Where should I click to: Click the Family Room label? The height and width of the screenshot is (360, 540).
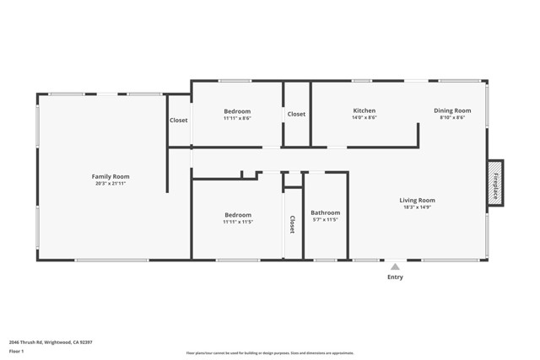(x=111, y=176)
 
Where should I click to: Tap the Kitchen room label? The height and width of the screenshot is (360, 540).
(x=364, y=110)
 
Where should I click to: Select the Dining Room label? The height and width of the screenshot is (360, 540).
(x=452, y=110)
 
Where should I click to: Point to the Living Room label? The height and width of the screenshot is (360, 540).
(x=417, y=200)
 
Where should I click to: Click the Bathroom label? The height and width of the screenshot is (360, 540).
(x=325, y=212)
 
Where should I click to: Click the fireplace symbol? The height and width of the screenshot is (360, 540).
(x=495, y=183)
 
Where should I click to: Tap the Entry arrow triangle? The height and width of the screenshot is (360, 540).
(x=395, y=266)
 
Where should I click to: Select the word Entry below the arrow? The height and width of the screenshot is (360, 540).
(x=395, y=277)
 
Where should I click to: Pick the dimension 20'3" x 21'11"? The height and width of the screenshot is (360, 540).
(x=111, y=183)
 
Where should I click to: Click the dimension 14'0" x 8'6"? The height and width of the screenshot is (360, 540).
(x=364, y=118)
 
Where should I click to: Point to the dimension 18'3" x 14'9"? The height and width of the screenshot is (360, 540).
(x=417, y=207)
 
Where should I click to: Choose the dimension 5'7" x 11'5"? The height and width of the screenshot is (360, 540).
(x=325, y=220)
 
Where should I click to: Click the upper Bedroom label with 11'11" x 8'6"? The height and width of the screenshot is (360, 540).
(x=237, y=111)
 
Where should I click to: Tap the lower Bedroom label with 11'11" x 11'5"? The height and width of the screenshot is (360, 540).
(x=237, y=215)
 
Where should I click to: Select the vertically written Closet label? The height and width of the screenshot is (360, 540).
(x=292, y=224)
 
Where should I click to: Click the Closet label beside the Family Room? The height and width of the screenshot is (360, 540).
(x=179, y=121)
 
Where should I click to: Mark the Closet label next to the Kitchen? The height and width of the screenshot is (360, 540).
(x=296, y=114)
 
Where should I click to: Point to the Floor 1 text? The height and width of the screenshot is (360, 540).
(x=16, y=351)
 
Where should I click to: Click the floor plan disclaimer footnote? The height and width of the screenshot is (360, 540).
(x=269, y=353)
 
